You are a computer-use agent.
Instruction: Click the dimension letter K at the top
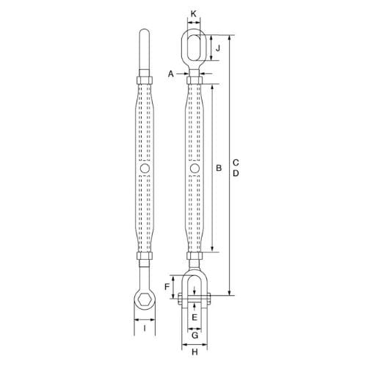pyautogui.click(x=194, y=13)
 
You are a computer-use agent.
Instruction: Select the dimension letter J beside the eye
pyautogui.click(x=217, y=49)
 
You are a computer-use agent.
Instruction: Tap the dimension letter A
pyautogui.click(x=172, y=73)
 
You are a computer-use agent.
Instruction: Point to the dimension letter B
pyautogui.click(x=218, y=168)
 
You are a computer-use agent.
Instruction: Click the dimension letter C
pyautogui.click(x=235, y=161)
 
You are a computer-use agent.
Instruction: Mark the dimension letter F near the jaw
pyautogui.click(x=167, y=286)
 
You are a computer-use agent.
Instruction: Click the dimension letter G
pyautogui.click(x=194, y=335)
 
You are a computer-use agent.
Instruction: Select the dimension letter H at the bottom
pyautogui.click(x=194, y=353)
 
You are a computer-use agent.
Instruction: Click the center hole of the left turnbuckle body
pyautogui.click(x=145, y=169)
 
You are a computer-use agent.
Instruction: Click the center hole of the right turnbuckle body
pyautogui.click(x=194, y=169)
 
